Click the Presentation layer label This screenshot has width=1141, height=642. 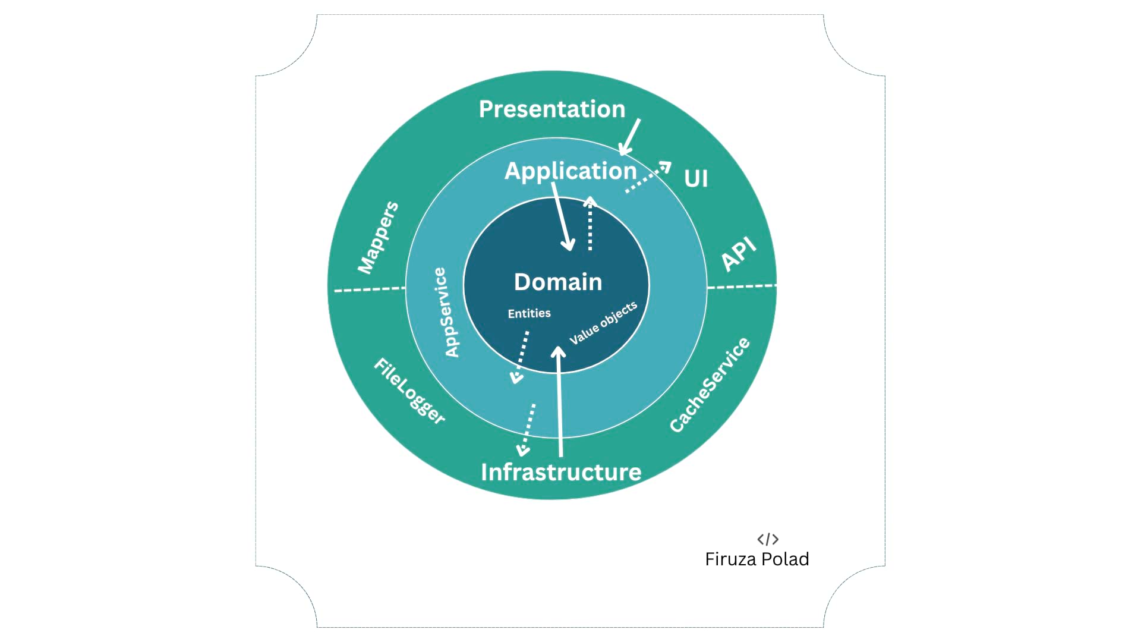click(x=552, y=109)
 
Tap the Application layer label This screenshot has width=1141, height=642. click(x=570, y=171)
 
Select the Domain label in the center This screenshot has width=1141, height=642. click(x=558, y=282)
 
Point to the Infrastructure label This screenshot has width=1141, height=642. click(x=561, y=472)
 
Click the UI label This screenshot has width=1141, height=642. click(x=696, y=178)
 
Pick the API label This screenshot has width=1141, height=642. click(x=739, y=254)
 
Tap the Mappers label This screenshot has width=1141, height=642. click(x=378, y=238)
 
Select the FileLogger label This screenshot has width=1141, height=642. click(x=409, y=391)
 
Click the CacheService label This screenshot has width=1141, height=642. click(x=710, y=385)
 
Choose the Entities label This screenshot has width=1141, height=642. click(x=529, y=313)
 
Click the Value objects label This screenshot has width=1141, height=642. click(x=603, y=323)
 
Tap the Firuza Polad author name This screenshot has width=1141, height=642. click(x=757, y=559)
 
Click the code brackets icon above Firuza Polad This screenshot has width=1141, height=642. click(x=768, y=539)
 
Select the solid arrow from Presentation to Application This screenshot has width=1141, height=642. click(x=630, y=137)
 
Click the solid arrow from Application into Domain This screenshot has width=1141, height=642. click(x=562, y=217)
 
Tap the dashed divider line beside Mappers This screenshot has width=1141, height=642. click(x=370, y=289)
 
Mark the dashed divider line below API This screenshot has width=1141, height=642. click(x=742, y=287)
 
